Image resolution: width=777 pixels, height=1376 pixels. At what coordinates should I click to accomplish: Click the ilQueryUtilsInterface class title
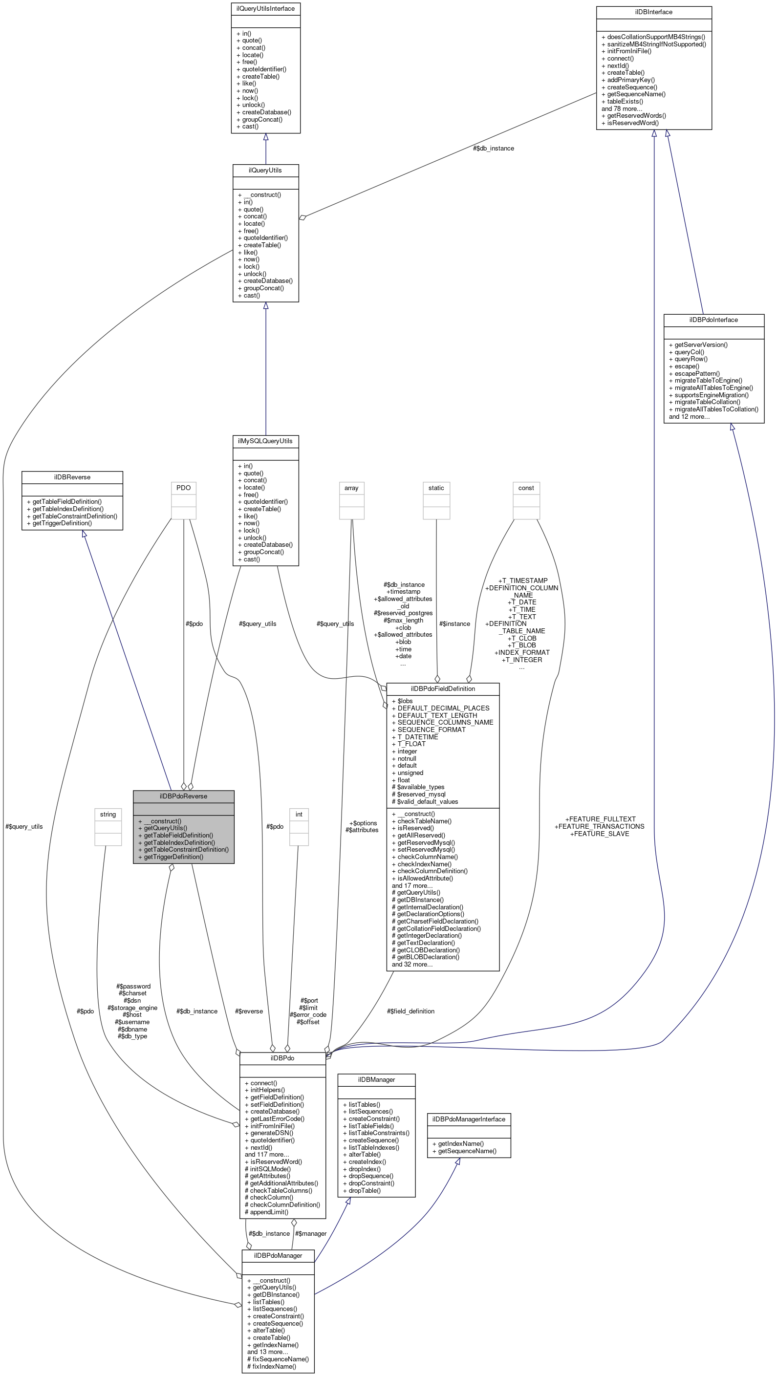point(265,8)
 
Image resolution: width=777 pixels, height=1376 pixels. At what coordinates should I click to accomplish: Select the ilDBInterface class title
point(653,12)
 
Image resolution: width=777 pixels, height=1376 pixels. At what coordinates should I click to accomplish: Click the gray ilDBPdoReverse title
point(183,796)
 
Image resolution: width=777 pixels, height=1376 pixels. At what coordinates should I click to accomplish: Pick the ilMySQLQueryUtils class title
point(265,441)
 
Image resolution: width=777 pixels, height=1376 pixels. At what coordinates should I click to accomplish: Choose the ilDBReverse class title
point(72,477)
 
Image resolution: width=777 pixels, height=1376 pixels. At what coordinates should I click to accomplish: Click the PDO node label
point(183,488)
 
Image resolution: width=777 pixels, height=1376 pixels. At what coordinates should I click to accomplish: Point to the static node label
point(435,488)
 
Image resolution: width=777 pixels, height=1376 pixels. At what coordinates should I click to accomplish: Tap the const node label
point(526,488)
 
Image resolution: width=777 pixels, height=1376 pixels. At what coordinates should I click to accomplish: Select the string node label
point(108,814)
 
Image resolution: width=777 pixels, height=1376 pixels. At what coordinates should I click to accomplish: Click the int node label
point(299,814)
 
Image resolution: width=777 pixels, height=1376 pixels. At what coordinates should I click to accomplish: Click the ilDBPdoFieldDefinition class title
point(442,688)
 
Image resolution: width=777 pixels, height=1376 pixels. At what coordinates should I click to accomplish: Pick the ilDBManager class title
point(376,1079)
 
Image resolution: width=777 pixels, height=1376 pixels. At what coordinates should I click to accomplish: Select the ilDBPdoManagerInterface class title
point(469,1119)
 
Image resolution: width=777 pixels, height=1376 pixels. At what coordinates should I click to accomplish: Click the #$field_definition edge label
point(410,1011)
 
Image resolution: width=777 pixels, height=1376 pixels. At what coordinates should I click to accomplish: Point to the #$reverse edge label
point(248,1011)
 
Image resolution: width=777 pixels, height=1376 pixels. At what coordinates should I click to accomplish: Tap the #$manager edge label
point(310,1233)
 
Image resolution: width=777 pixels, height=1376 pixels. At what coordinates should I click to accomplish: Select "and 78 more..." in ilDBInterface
point(622,108)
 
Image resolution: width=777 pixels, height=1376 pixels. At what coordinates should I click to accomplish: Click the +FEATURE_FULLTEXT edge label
point(600,819)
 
